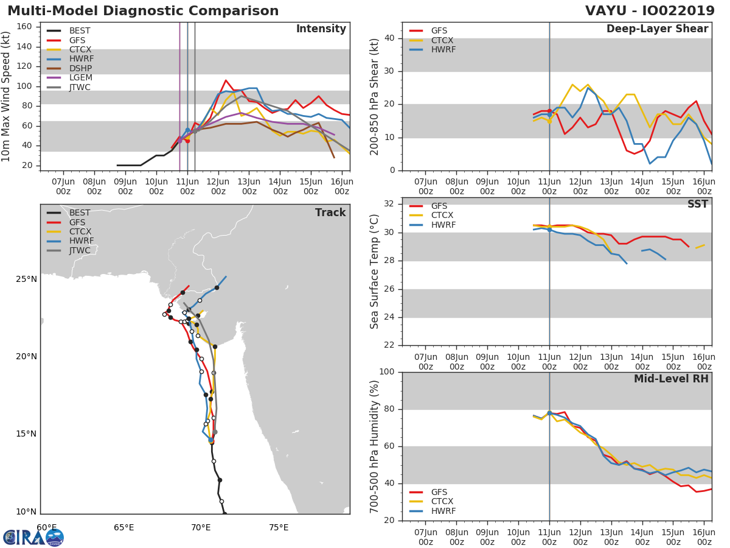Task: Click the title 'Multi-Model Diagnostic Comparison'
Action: [143, 11]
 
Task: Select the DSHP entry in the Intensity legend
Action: [79, 68]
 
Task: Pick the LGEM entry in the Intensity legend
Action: [80, 78]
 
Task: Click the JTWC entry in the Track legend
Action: [80, 250]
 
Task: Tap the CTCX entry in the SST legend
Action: [442, 216]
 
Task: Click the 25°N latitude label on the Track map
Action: [26, 279]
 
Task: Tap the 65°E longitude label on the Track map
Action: [123, 527]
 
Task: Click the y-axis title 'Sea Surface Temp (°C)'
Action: [375, 271]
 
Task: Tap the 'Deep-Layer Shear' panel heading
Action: [657, 29]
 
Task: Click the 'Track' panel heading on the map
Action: [330, 213]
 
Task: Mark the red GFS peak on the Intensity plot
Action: [226, 80]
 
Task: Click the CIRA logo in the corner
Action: [33, 537]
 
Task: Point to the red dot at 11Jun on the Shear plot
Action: [549, 111]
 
